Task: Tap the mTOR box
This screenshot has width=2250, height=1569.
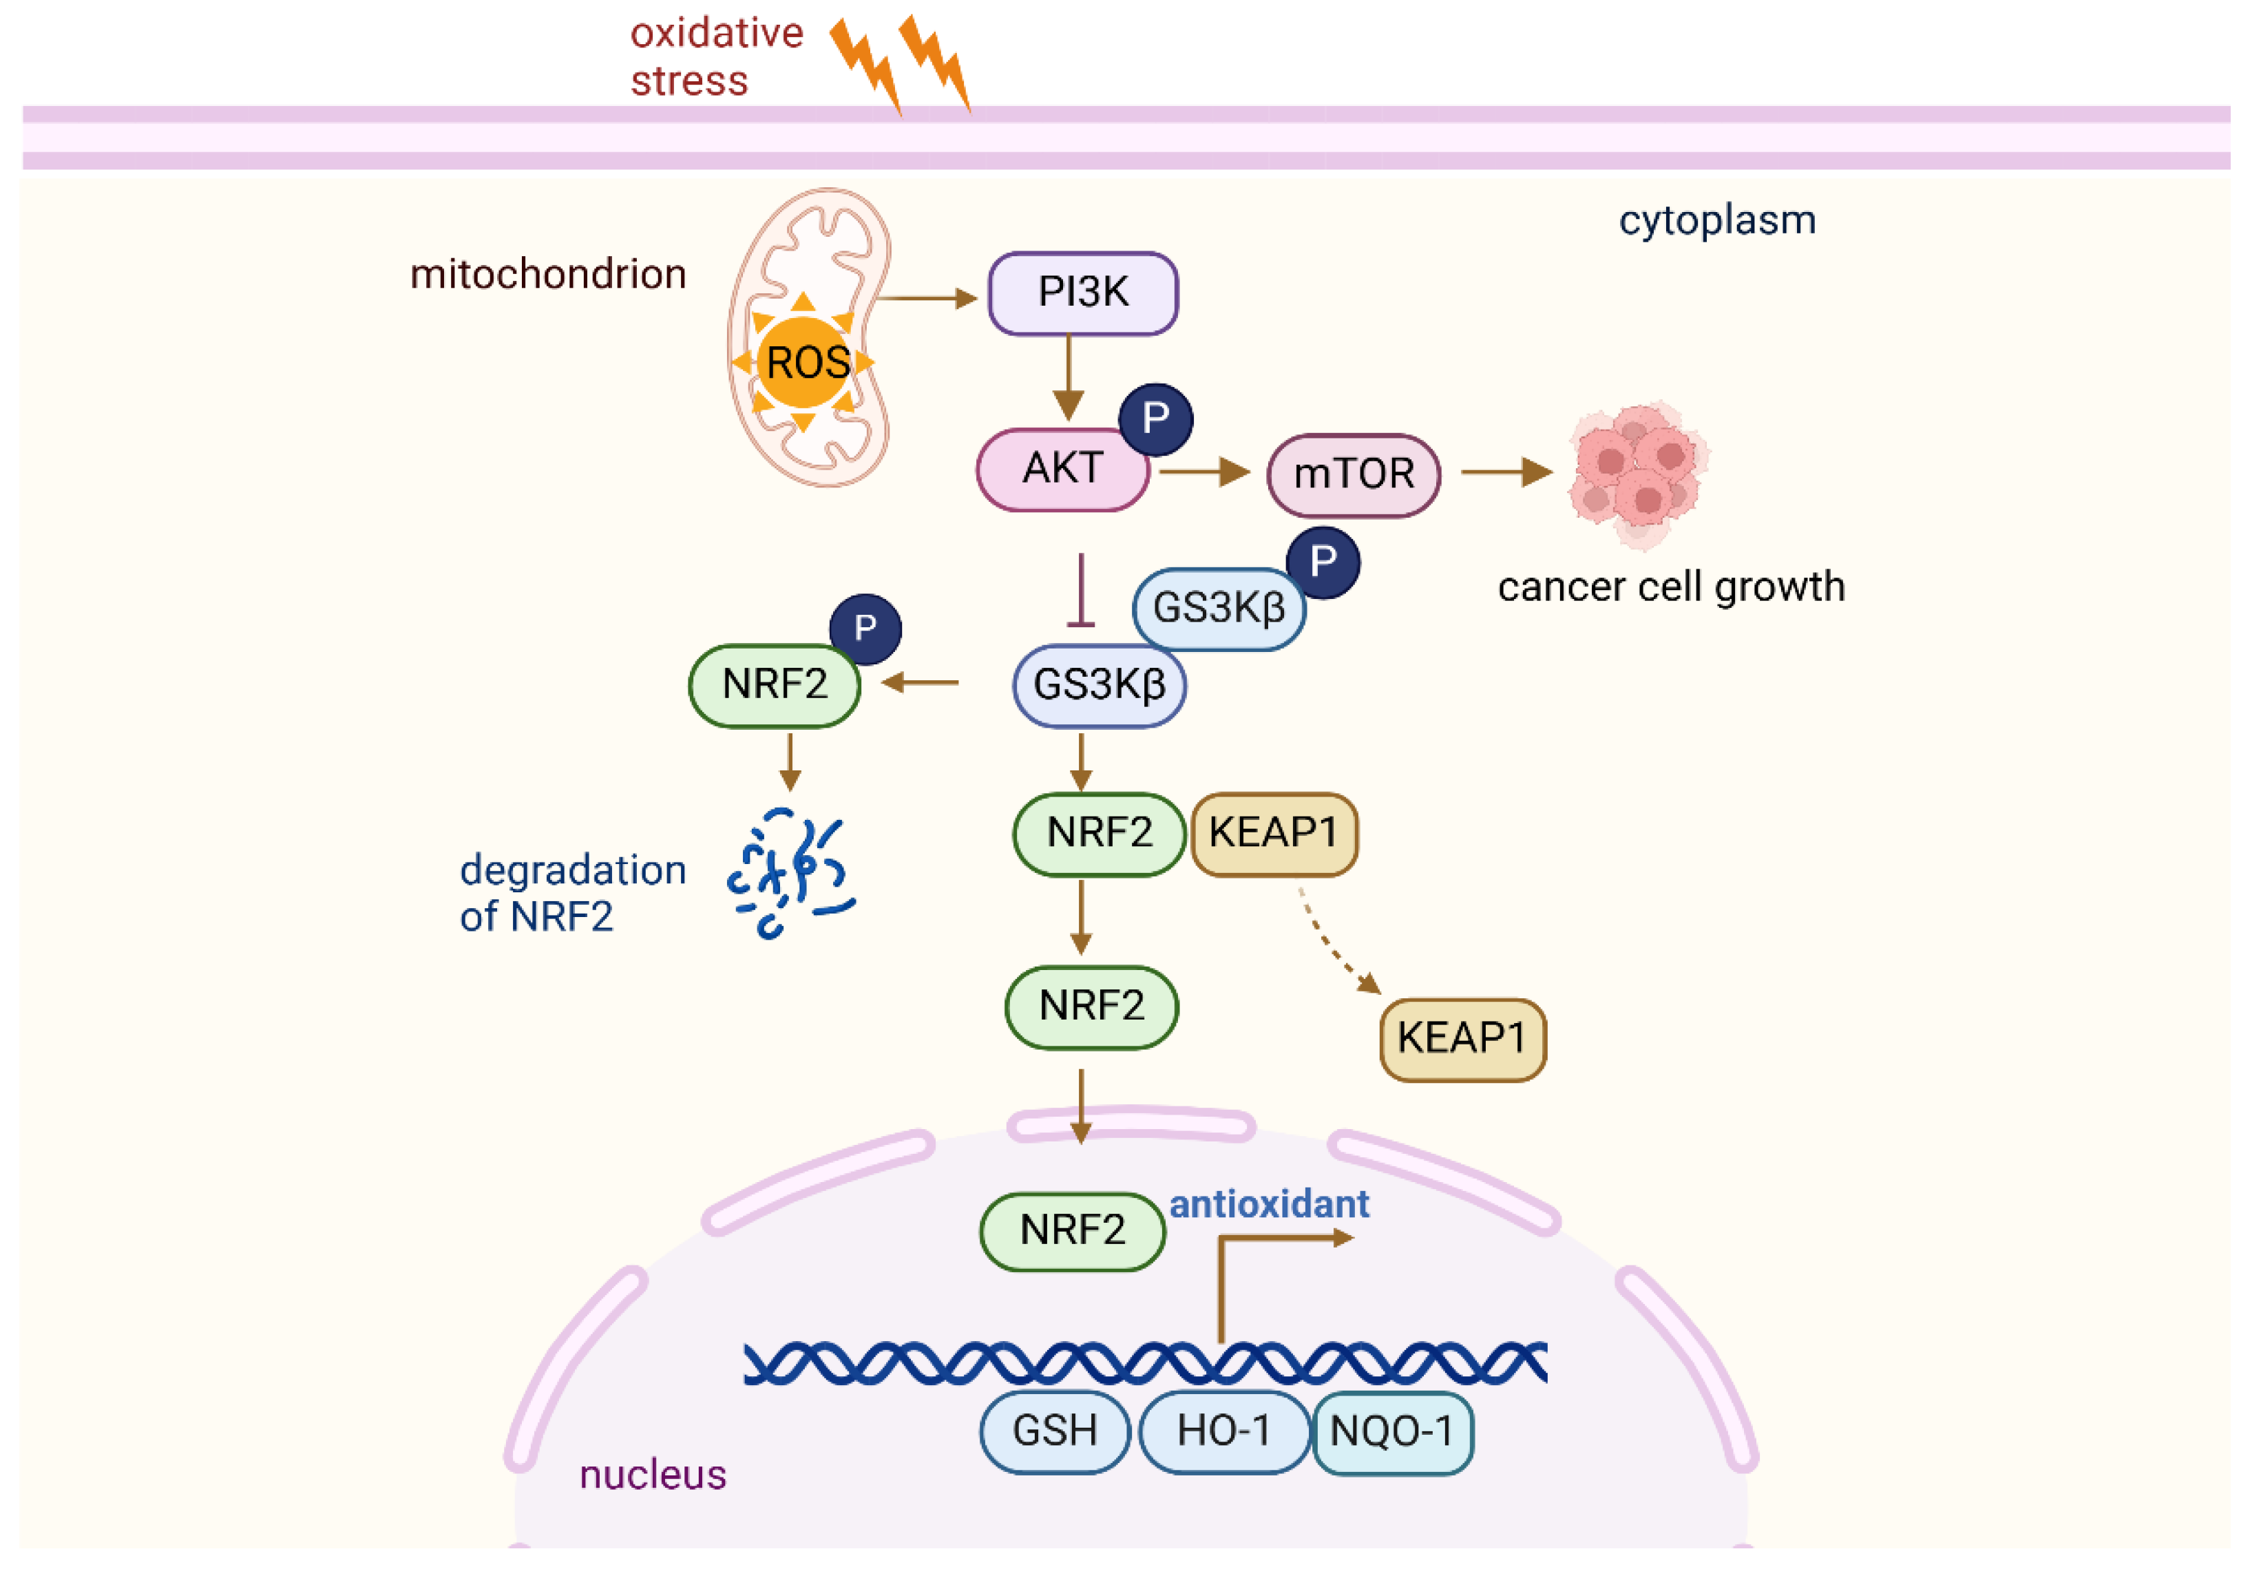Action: pyautogui.click(x=1354, y=475)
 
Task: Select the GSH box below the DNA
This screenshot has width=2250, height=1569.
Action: pyautogui.click(x=1055, y=1431)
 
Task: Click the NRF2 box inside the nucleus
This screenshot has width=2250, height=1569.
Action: pyautogui.click(x=1072, y=1231)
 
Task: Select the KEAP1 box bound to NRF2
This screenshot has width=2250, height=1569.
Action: pyautogui.click(x=1273, y=834)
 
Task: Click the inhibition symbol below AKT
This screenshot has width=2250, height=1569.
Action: pyautogui.click(x=1081, y=592)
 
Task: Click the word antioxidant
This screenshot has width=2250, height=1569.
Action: pyautogui.click(x=1268, y=1204)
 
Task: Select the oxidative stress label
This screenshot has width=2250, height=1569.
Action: pyautogui.click(x=715, y=57)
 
